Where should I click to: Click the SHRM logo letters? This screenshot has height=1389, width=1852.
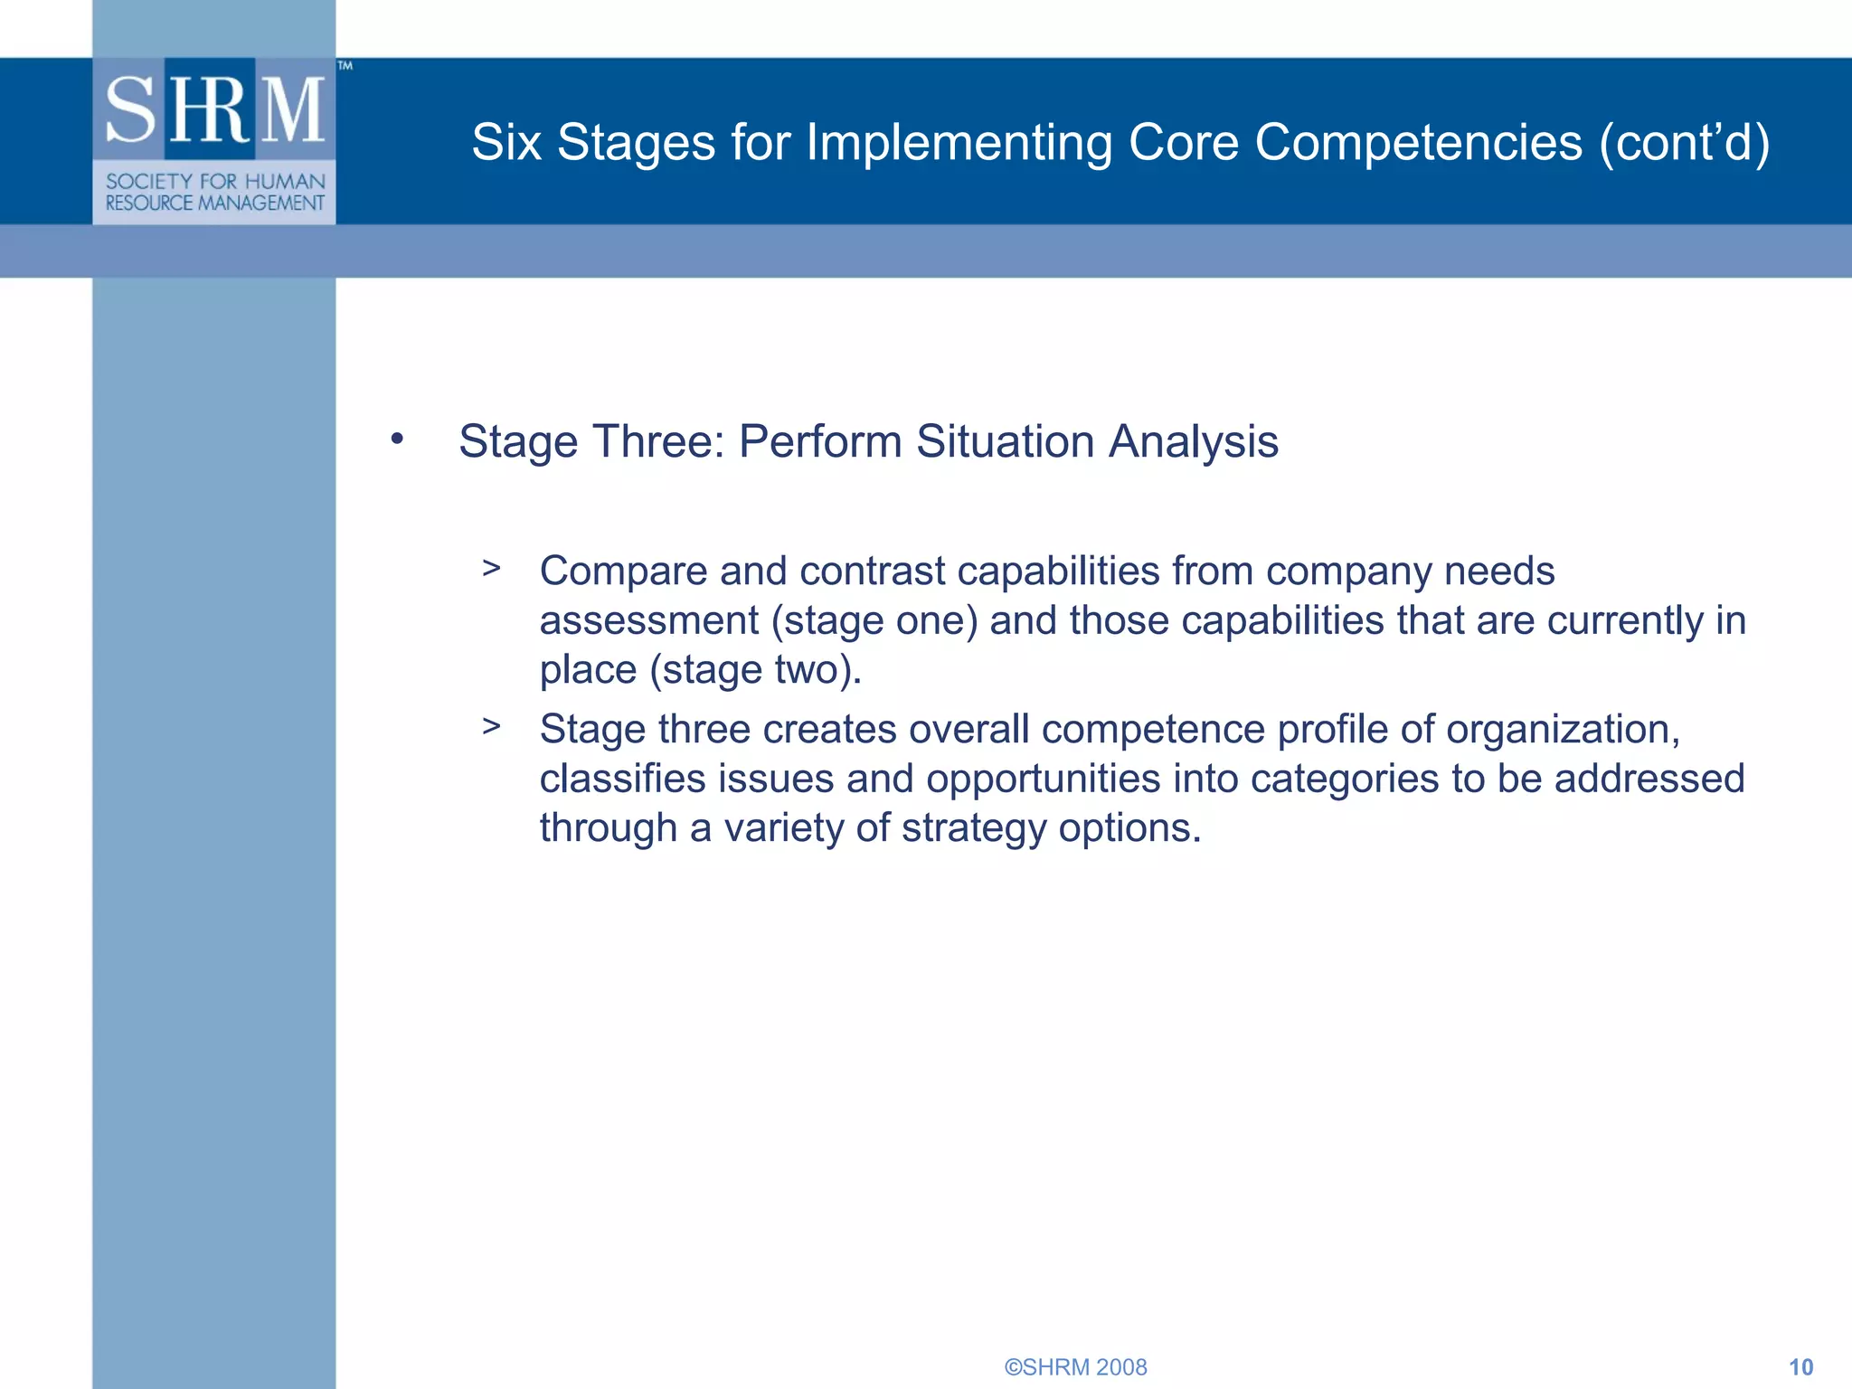point(214,110)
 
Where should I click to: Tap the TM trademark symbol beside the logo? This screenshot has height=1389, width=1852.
point(345,66)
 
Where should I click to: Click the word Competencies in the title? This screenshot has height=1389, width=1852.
point(1418,143)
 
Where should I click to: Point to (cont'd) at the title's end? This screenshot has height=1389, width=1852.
point(1684,143)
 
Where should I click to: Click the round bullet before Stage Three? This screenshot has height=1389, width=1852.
point(396,440)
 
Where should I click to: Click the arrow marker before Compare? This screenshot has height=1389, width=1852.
point(491,569)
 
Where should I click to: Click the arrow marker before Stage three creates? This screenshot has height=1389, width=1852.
point(491,726)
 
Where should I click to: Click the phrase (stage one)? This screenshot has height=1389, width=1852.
point(874,621)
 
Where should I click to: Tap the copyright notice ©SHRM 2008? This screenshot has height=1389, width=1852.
point(1075,1367)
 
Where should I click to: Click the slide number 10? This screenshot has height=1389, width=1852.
point(1800,1367)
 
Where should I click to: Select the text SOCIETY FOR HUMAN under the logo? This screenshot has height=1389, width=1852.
point(214,181)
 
